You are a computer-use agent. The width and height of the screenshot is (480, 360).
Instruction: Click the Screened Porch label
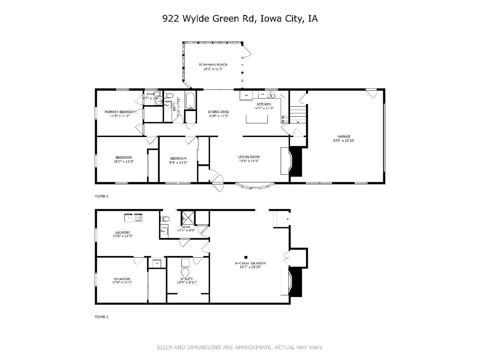213,65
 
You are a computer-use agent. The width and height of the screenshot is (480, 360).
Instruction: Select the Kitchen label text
264,104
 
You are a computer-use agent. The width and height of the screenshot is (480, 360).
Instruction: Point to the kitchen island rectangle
257,119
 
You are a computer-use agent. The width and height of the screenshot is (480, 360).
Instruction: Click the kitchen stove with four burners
285,119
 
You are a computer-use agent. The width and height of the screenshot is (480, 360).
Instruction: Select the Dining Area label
218,112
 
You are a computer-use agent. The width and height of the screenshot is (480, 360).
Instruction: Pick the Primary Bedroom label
120,112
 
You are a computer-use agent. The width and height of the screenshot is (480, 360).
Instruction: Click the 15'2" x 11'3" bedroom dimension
123,162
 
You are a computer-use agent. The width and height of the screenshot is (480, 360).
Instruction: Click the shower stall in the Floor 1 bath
187,217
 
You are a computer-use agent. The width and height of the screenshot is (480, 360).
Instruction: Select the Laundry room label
123,232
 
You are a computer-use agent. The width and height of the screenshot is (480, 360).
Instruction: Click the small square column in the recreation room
246,257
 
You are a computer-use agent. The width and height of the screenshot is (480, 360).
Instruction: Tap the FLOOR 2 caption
101,196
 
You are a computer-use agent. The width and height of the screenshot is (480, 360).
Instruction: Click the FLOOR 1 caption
101,317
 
